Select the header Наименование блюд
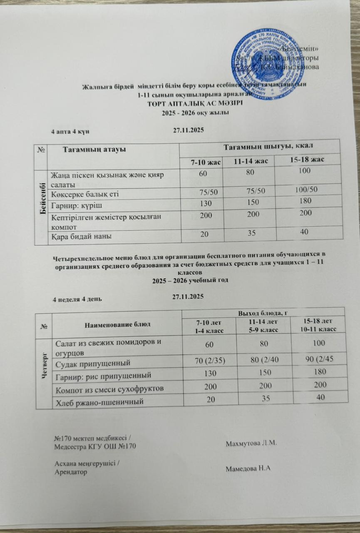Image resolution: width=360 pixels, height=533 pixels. pos(117,324)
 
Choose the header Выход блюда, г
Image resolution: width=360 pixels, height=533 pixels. pos(263,312)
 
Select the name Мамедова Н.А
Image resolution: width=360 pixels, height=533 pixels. pos(248,468)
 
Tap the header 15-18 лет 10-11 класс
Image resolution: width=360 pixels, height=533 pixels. pos(319,324)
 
